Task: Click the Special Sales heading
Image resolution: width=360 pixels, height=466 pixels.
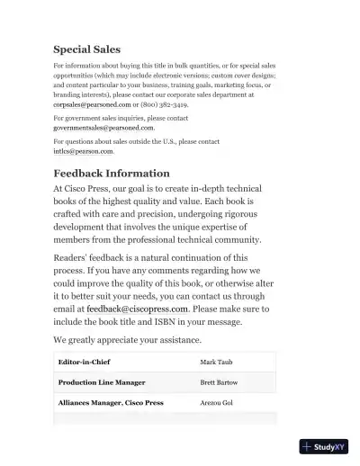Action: coord(86,49)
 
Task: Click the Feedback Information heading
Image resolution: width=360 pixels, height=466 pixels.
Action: coord(112,173)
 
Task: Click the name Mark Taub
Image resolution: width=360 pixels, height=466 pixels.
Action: coord(217,362)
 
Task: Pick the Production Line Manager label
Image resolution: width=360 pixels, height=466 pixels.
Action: coord(102,382)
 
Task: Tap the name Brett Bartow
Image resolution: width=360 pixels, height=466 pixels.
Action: coord(219,382)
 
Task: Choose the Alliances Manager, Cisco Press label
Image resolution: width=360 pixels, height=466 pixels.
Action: coord(111,403)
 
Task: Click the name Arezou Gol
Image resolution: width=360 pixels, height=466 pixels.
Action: coord(216,403)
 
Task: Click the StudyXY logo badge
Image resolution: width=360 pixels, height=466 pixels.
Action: coord(324,446)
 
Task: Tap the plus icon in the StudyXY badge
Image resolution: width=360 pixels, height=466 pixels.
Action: coord(307,446)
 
